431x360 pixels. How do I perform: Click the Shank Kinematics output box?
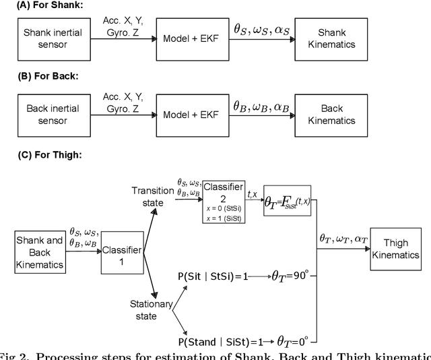tap(332, 39)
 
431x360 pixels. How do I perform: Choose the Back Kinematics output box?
tap(332, 115)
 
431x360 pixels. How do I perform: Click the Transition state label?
tap(152, 196)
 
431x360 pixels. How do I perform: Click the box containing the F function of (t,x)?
tap(288, 200)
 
